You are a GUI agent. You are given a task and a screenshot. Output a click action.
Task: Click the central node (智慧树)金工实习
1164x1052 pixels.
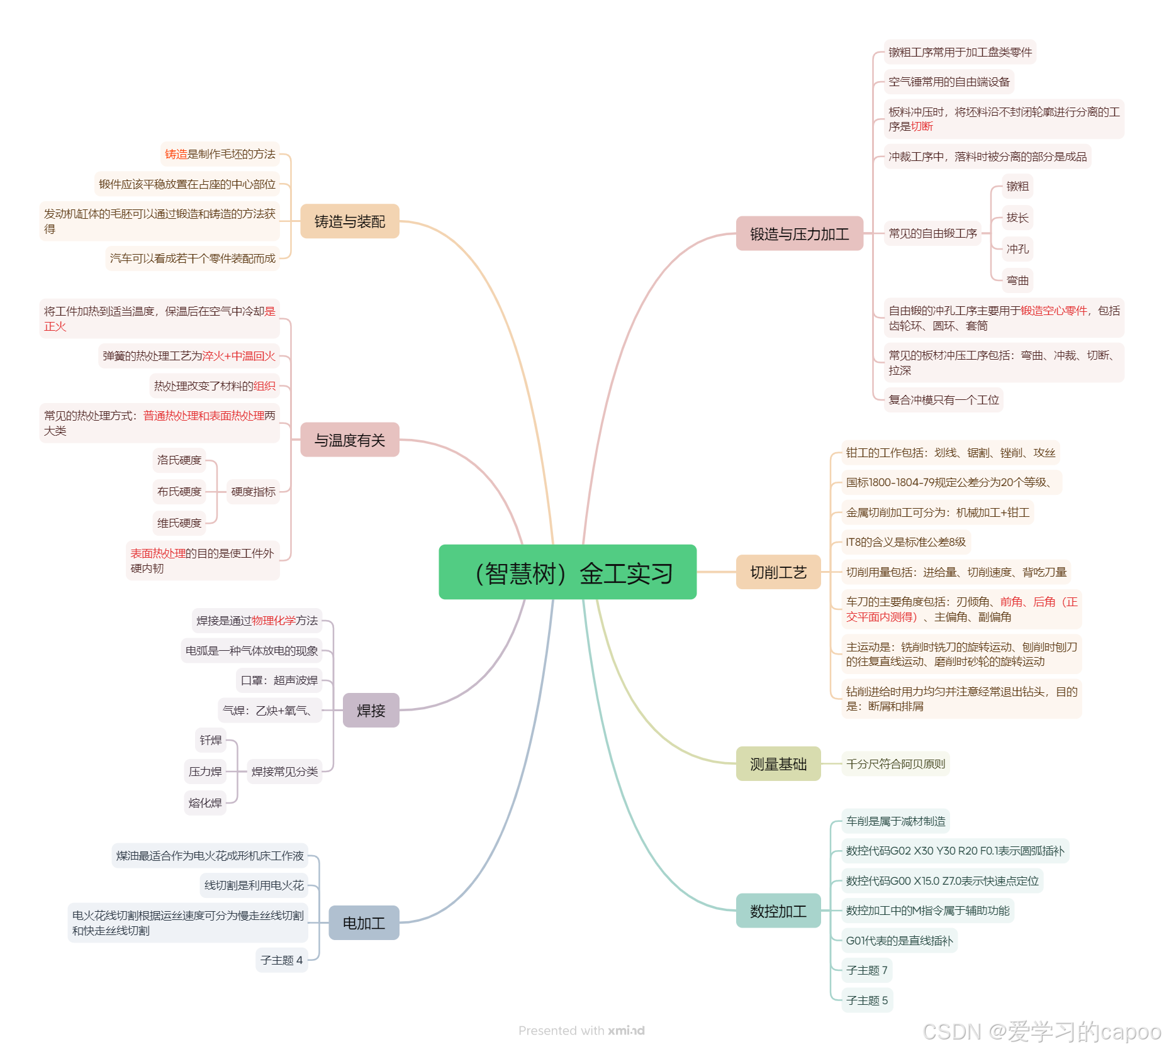(567, 572)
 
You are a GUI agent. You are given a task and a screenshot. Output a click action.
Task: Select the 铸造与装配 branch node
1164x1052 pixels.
(349, 221)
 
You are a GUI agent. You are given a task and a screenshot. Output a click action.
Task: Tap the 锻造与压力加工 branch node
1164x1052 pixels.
(799, 234)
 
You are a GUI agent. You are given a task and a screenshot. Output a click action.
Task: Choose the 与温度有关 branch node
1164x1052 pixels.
(349, 440)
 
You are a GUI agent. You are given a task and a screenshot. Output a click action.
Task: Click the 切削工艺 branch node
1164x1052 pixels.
(778, 572)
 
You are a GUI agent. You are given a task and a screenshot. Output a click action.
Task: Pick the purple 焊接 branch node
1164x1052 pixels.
(371, 711)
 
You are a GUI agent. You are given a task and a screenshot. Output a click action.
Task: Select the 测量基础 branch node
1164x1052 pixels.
(778, 764)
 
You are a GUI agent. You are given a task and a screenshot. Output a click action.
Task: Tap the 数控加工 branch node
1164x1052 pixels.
(778, 911)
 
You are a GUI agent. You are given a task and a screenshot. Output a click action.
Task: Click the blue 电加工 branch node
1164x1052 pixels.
(364, 923)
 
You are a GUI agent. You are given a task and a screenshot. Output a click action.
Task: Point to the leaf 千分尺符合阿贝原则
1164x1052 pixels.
(895, 764)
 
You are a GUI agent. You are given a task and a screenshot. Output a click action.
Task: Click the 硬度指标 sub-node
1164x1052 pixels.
(253, 492)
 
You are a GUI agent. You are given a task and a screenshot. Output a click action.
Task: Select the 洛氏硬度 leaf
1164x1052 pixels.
(179, 460)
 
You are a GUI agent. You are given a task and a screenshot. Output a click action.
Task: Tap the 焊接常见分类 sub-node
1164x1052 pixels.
(284, 772)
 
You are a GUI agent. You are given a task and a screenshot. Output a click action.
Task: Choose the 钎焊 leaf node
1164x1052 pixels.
(211, 740)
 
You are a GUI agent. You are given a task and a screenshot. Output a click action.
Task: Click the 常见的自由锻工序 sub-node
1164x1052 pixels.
(932, 233)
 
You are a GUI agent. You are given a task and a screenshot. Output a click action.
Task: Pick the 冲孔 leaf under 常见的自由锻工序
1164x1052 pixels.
(1017, 249)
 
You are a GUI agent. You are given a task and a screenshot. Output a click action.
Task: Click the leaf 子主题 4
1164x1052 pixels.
(281, 960)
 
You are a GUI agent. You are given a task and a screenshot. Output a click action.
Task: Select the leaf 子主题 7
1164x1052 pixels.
(866, 970)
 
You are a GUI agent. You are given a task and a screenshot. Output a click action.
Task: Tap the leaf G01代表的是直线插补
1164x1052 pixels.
(899, 941)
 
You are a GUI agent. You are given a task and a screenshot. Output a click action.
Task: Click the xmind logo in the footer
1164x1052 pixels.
(626, 1031)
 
